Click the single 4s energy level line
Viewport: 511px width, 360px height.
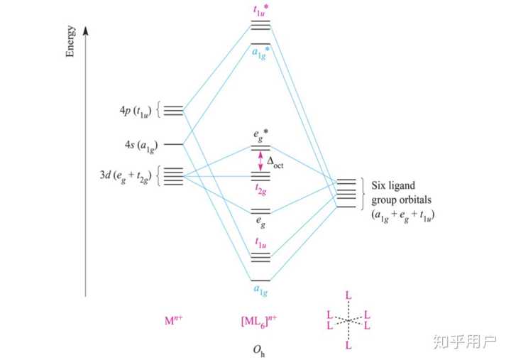click(173, 144)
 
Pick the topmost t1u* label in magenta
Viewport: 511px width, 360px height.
click(260, 10)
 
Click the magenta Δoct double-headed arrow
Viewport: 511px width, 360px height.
click(260, 160)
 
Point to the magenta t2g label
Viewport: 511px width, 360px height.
click(260, 190)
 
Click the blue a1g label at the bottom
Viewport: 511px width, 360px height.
click(260, 290)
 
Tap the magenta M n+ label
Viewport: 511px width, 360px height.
click(174, 320)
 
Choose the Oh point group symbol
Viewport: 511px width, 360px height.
click(260, 348)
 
